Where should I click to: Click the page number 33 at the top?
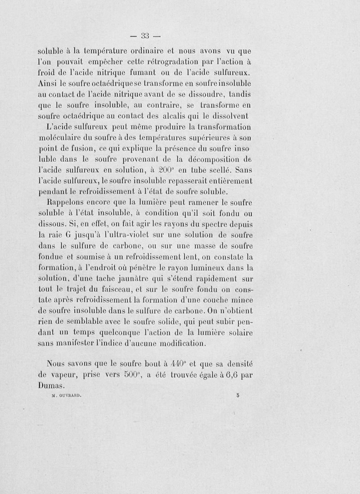(x=145, y=36)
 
